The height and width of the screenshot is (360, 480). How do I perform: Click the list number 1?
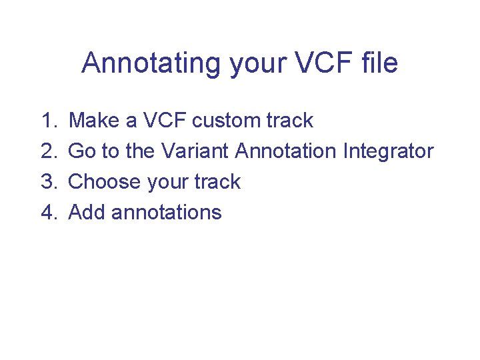click(48, 121)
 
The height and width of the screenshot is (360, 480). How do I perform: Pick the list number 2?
click(48, 151)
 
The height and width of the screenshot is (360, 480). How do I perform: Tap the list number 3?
click(48, 182)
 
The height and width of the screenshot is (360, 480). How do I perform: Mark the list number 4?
click(48, 213)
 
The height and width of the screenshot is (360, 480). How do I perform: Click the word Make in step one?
click(94, 121)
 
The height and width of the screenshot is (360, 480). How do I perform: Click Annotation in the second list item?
click(286, 151)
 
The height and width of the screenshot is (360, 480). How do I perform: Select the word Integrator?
click(388, 151)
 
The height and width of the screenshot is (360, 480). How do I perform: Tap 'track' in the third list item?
click(217, 182)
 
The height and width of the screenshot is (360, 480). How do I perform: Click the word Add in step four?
click(87, 213)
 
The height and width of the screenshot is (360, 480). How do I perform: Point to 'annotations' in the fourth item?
click(167, 213)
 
